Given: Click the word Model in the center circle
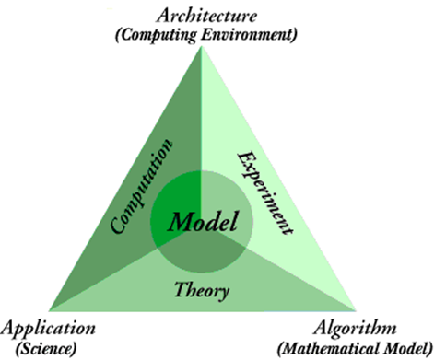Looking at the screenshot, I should click(x=201, y=222).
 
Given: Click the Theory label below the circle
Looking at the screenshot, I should click(x=201, y=291).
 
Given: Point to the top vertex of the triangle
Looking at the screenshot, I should click(x=201, y=47).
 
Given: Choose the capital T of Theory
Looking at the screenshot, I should click(x=181, y=290).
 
